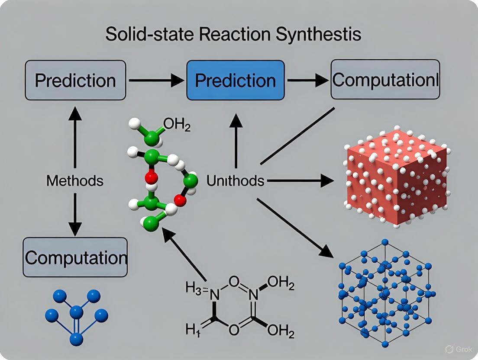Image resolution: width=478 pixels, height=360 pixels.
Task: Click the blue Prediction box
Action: point(235,80)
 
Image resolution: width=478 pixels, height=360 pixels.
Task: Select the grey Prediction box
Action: point(75,80)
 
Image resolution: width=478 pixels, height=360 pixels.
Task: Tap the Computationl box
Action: point(385,80)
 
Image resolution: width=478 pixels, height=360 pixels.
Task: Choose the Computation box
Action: point(75,257)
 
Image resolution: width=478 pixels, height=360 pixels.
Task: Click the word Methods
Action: point(75,180)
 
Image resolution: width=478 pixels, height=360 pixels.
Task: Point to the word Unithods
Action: point(235,180)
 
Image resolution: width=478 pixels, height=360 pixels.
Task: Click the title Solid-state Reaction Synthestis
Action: point(233,34)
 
